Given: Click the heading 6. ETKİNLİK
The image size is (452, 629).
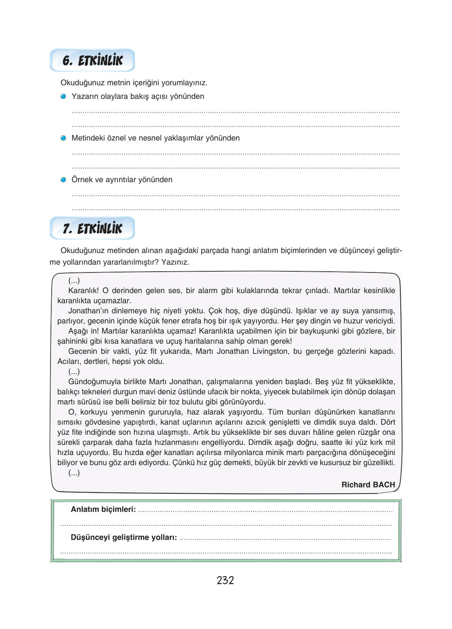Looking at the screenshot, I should [92, 60].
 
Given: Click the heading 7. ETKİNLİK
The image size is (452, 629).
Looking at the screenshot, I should [92, 228].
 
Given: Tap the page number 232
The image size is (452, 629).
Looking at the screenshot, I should [225, 580].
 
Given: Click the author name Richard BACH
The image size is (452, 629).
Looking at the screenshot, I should [368, 485].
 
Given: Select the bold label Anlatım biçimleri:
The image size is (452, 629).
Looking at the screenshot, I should [103, 510].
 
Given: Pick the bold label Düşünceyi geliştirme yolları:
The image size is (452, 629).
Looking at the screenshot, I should [124, 538].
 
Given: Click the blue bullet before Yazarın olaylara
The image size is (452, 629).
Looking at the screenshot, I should [63, 97].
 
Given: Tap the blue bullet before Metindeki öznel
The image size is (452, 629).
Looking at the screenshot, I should [63, 138].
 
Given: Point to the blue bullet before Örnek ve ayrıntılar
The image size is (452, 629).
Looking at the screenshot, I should [63, 180].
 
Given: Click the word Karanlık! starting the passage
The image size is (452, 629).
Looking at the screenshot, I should [83, 291].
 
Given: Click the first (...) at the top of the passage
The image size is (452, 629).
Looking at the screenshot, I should [74, 281].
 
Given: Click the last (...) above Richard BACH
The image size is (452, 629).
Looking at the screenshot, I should [74, 473].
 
